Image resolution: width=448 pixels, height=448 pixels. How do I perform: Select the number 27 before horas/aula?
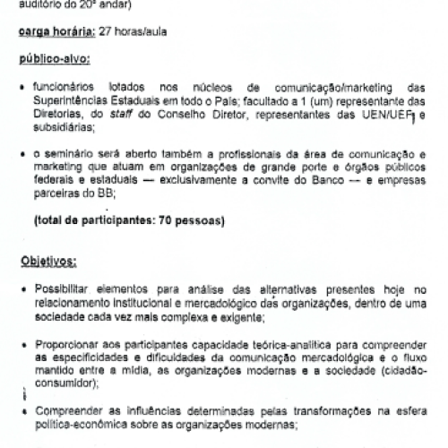[109, 35]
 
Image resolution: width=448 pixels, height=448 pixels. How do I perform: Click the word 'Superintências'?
[72, 102]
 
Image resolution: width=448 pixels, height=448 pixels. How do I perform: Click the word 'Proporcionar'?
[66, 343]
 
